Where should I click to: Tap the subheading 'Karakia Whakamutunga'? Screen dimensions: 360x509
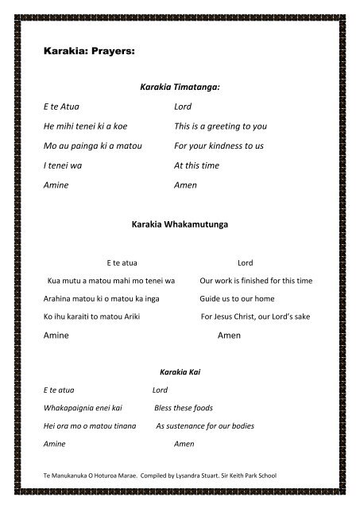pos(179,226)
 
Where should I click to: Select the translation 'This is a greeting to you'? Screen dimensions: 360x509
pos(221,126)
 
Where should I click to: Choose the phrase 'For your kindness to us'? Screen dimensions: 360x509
pos(219,146)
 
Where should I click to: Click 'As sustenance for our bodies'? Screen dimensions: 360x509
pos(204,426)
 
